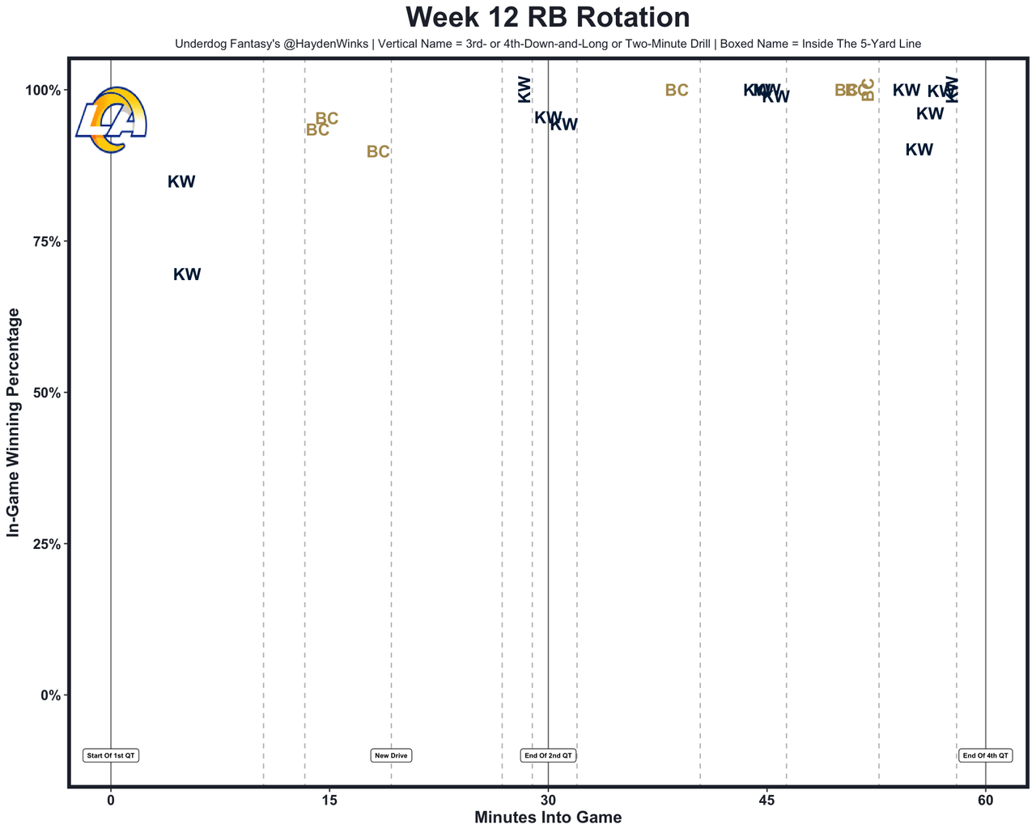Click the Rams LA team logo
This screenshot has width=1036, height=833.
111,120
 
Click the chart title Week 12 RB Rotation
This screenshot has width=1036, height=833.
548,18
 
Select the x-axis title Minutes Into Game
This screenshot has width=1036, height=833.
548,818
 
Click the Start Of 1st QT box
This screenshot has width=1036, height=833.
111,755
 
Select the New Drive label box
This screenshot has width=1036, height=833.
391,755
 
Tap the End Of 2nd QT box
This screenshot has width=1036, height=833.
548,755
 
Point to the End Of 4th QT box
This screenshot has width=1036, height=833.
985,755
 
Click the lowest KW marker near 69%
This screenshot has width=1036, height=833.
187,274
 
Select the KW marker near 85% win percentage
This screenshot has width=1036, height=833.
181,182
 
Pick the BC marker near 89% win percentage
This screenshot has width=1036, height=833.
378,152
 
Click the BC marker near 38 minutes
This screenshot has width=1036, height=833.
677,91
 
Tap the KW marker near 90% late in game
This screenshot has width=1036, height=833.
919,150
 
